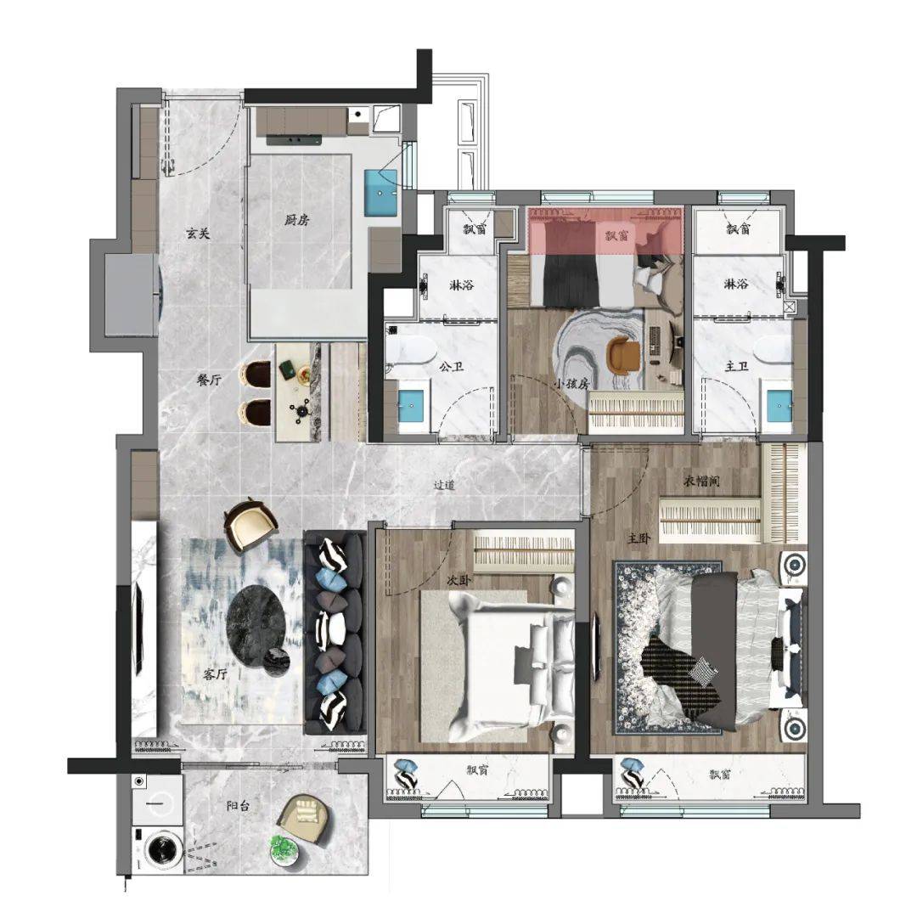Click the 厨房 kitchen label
coord(296,221)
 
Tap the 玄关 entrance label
coord(198,234)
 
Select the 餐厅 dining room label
coord(209,380)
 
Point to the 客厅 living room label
coord(215,674)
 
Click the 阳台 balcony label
coord(238,805)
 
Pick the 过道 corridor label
coord(444,486)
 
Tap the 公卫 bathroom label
coord(451,367)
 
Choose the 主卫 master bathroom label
coord(737,367)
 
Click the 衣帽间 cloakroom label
coord(702,482)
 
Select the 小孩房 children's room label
coord(571,384)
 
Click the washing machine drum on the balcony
coord(159,849)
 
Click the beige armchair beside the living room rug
coord(250,525)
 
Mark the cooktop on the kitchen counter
coord(294,139)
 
